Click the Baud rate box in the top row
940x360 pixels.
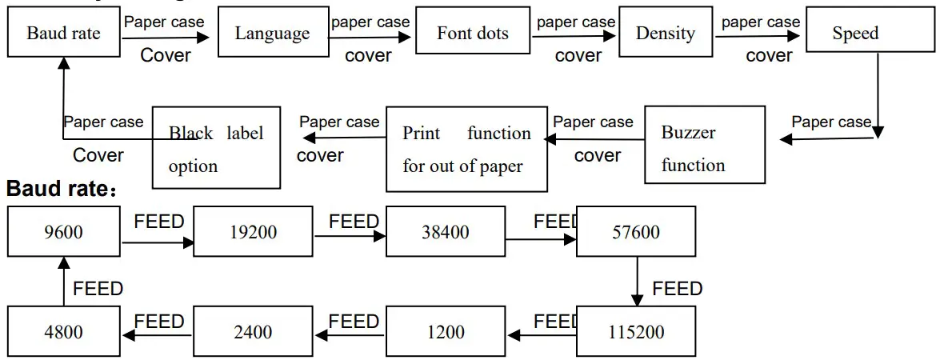click(63, 34)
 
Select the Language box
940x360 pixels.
click(272, 34)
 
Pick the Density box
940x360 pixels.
click(665, 34)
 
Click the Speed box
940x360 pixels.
click(854, 34)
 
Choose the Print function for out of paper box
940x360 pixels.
click(466, 150)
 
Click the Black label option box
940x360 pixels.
click(216, 148)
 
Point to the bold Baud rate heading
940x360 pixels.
click(60, 190)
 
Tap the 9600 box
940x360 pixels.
click(64, 232)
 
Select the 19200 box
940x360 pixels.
click(253, 232)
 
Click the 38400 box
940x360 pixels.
click(446, 232)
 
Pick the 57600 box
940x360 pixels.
click(637, 232)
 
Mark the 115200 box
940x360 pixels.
click(637, 331)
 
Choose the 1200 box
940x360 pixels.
click(446, 331)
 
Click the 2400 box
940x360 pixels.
click(253, 331)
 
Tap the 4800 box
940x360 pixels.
click(64, 331)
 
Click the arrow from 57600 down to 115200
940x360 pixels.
click(638, 282)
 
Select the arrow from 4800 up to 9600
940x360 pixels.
click(64, 282)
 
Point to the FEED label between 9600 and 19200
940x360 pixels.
click(159, 222)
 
